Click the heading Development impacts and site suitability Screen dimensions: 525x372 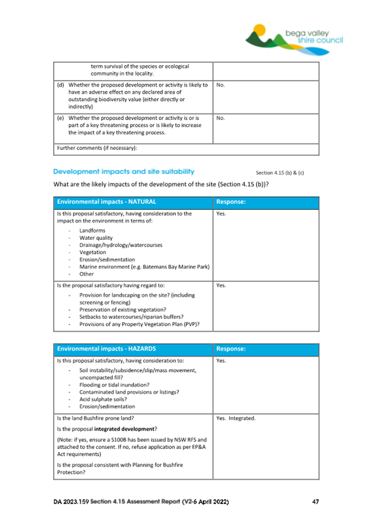(x=123, y=172)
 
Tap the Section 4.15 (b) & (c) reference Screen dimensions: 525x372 (x=279, y=172)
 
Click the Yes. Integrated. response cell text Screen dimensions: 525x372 (x=236, y=419)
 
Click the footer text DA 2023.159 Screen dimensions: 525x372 (x=71, y=502)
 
